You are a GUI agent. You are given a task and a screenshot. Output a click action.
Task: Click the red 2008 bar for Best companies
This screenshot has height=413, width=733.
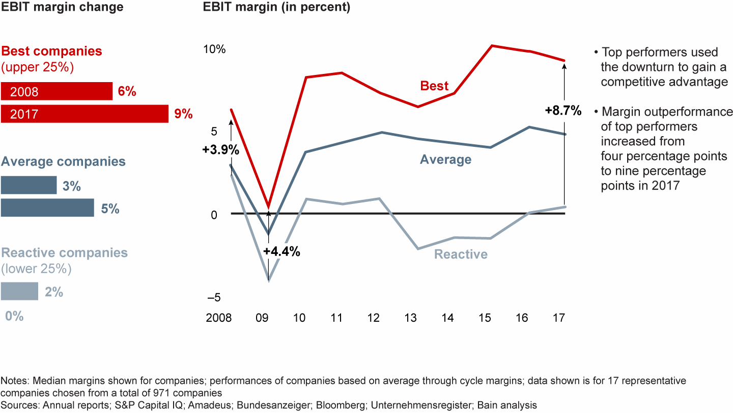[57, 91]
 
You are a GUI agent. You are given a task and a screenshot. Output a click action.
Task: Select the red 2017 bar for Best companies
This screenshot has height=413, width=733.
[84, 114]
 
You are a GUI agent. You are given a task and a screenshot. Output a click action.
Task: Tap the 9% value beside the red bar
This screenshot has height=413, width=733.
[183, 114]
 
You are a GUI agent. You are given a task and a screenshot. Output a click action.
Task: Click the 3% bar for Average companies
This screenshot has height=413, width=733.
[29, 185]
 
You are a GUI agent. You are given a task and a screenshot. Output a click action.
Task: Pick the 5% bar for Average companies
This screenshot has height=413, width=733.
[47, 208]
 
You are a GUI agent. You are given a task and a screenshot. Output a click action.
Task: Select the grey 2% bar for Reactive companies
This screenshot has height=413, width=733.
[19, 291]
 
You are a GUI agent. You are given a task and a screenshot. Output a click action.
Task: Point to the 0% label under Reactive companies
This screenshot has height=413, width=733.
[15, 316]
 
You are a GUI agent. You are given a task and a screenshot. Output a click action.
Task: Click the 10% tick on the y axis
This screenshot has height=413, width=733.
[214, 49]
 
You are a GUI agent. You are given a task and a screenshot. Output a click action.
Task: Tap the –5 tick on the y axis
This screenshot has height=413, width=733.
[215, 297]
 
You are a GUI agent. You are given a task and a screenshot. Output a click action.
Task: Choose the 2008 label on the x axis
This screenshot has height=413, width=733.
[218, 318]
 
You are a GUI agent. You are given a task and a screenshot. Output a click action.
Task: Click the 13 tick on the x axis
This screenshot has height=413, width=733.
[410, 318]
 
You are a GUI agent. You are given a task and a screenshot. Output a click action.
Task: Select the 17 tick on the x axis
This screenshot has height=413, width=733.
[559, 318]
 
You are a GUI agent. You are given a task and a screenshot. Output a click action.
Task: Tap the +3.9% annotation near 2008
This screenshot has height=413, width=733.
[220, 150]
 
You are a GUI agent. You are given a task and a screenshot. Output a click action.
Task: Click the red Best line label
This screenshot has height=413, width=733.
[434, 86]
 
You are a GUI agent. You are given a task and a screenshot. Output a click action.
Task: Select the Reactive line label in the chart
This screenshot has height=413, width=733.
[461, 254]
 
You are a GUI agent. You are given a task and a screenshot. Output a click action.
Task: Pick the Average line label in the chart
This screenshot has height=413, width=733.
[445, 160]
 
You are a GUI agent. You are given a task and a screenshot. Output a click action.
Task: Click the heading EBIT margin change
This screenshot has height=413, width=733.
[62, 8]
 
